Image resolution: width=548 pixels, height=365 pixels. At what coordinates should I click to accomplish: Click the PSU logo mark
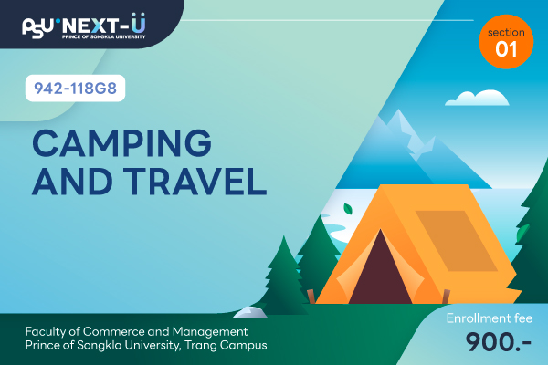37,28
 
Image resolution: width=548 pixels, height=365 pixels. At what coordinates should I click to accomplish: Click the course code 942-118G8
75,88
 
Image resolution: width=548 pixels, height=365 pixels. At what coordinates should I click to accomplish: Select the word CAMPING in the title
122,143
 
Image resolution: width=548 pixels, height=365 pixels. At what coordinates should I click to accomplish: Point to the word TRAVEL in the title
195,181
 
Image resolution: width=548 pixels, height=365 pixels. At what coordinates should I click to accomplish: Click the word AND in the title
72,181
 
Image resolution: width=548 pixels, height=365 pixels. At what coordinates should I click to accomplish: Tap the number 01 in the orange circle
506,49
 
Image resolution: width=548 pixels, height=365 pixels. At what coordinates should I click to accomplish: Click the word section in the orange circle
506,33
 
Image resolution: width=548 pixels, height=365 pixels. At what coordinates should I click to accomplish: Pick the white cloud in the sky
477,98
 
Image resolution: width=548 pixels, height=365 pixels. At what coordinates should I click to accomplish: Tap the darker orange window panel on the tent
457,241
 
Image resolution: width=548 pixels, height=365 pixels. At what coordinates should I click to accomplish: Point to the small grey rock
250,312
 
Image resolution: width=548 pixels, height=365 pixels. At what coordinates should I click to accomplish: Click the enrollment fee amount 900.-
499,342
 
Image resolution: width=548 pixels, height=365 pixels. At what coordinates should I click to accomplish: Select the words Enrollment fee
490,318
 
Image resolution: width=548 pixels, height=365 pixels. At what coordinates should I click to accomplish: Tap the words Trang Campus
226,345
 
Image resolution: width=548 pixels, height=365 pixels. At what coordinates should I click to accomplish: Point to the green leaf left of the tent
348,209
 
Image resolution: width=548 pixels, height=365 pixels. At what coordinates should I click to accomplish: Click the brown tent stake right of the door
446,297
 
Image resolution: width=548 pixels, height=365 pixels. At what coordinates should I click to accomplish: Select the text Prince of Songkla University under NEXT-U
103,36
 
